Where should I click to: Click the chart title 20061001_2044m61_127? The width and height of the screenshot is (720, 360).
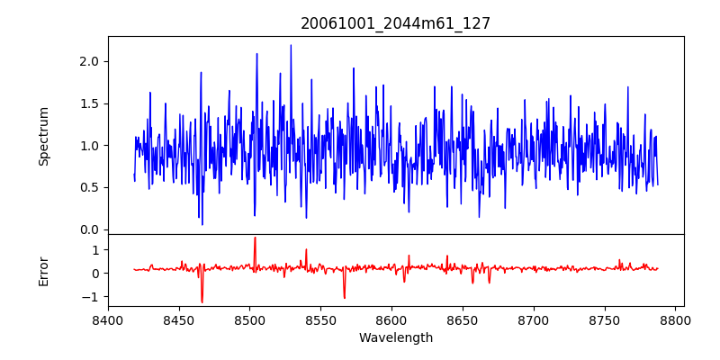point(395,23)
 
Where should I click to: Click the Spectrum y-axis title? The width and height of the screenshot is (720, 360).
point(43,136)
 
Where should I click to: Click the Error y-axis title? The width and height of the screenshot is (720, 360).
point(43,270)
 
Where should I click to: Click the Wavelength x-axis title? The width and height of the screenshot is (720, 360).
point(395,338)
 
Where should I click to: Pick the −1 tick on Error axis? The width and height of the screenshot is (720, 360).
point(92,297)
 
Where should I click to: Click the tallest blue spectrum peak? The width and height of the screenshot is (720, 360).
point(291,45)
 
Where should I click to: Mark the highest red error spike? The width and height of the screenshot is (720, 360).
point(255,238)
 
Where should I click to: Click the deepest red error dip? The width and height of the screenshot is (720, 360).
point(202,302)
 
